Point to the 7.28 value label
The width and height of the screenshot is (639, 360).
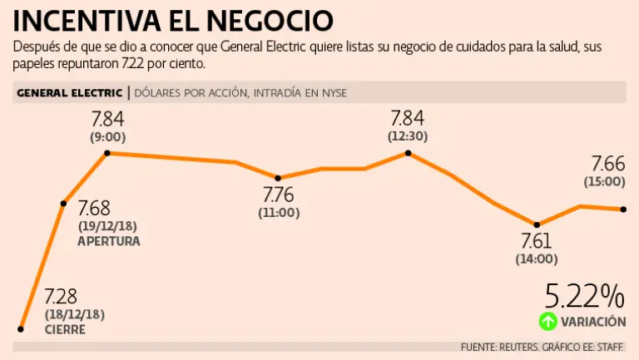tap(60, 296)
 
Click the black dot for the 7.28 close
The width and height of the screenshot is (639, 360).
tap(21, 329)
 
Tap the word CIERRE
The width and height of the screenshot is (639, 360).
tap(64, 330)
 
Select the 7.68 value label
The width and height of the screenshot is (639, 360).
tap(93, 209)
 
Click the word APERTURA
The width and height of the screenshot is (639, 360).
tap(108, 241)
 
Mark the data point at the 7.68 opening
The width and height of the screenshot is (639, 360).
tap(63, 203)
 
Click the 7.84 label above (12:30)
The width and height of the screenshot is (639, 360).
tap(407, 118)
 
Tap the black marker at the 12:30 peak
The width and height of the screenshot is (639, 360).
tap(408, 153)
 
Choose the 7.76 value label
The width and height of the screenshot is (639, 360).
tap(279, 196)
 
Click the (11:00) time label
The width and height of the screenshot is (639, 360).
tap(279, 212)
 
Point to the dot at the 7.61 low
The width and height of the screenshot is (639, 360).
tap(537, 224)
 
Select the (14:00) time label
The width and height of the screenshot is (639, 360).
tap(537, 259)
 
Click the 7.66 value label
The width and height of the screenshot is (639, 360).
tap(607, 164)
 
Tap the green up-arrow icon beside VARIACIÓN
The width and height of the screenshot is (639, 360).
tap(547, 321)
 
